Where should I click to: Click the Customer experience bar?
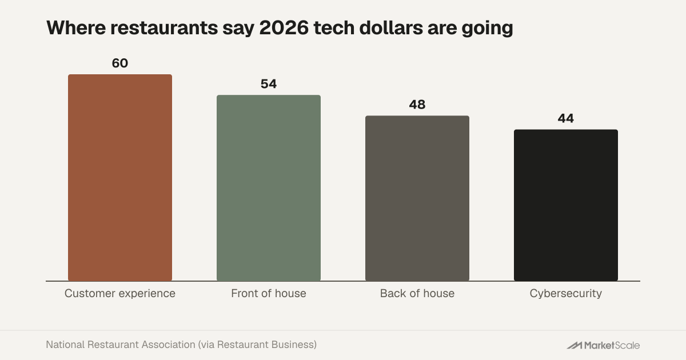120,178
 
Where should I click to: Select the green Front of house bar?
269,188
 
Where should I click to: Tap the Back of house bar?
417,198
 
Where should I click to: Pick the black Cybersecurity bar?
566,205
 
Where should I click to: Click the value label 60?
120,63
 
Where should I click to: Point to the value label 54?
269,84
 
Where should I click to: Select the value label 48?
417,105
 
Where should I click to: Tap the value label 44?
565,118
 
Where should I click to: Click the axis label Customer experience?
120,293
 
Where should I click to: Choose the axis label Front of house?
269,293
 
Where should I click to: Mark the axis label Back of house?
417,293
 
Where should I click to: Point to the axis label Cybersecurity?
566,294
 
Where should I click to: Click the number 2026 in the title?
284,28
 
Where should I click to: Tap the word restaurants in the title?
164,28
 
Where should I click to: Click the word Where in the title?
76,28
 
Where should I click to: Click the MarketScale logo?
603,345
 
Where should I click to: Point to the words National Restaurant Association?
121,345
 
